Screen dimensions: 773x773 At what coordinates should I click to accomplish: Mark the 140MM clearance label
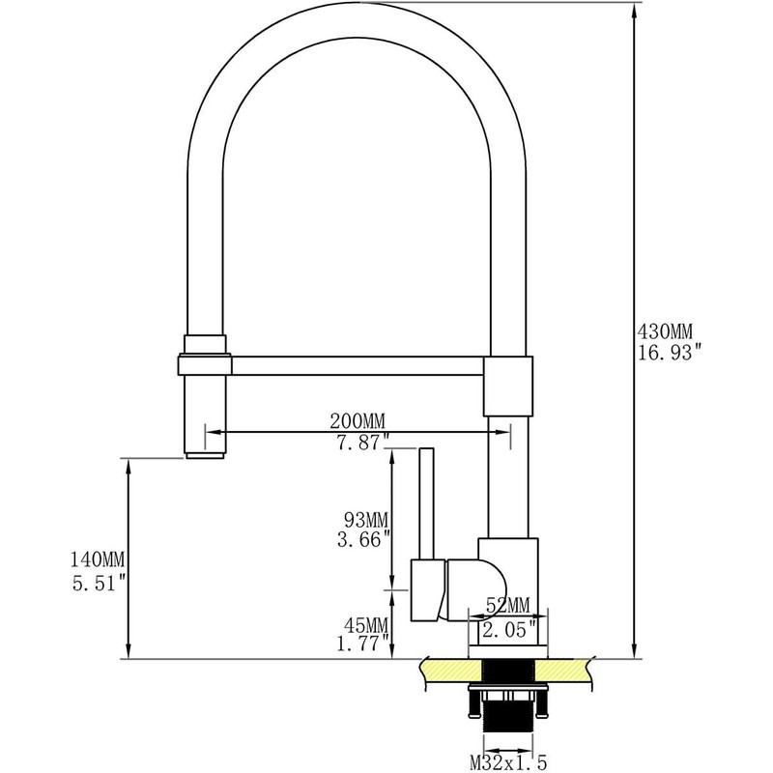point(98,559)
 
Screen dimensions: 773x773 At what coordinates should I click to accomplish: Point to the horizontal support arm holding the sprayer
point(358,364)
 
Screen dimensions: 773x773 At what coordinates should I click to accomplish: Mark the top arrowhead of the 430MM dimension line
point(634,8)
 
